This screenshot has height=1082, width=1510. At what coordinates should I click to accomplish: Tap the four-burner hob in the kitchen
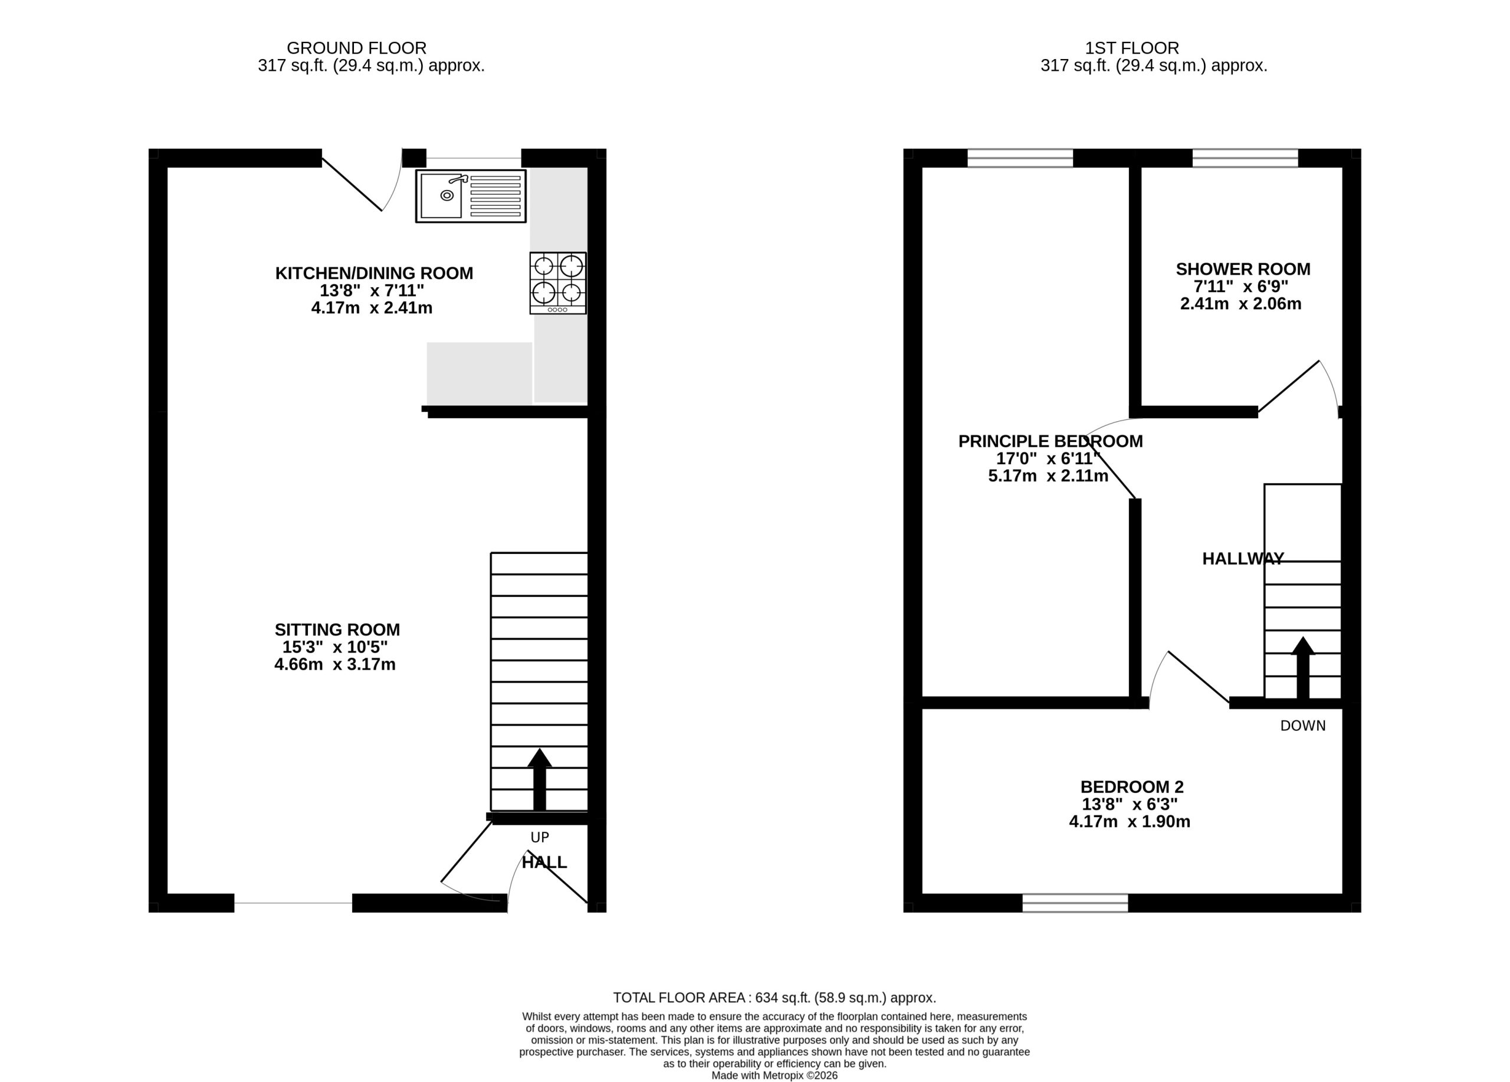(558, 283)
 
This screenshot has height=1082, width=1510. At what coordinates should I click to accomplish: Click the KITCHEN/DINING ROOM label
(374, 273)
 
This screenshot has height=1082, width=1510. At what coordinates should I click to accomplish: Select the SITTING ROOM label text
(337, 629)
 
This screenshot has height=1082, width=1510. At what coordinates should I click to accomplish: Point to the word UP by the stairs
(540, 837)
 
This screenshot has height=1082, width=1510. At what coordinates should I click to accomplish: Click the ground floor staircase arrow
(540, 780)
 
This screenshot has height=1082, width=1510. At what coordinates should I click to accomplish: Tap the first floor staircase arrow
(1303, 668)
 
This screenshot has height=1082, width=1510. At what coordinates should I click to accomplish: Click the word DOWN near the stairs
(1303, 726)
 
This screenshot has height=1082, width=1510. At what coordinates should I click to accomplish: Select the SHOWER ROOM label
(1243, 269)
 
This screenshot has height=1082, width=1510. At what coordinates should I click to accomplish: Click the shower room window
(1245, 158)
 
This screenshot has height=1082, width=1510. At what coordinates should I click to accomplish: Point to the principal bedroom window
(1020, 158)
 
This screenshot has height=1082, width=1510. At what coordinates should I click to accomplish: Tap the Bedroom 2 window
(1075, 903)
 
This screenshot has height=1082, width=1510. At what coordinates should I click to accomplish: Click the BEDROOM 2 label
(1132, 787)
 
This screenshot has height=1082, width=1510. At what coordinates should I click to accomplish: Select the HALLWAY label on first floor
(1243, 559)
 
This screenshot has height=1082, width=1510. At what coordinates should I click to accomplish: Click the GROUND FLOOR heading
(357, 48)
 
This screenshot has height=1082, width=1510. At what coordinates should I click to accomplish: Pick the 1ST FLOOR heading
(1132, 48)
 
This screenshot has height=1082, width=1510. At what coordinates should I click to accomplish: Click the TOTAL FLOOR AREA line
(774, 998)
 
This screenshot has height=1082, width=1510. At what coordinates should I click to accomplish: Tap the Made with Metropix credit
(774, 1076)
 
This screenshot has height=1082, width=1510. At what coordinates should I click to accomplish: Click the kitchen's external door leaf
(352, 185)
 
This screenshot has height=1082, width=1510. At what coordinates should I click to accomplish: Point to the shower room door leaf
(1288, 386)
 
